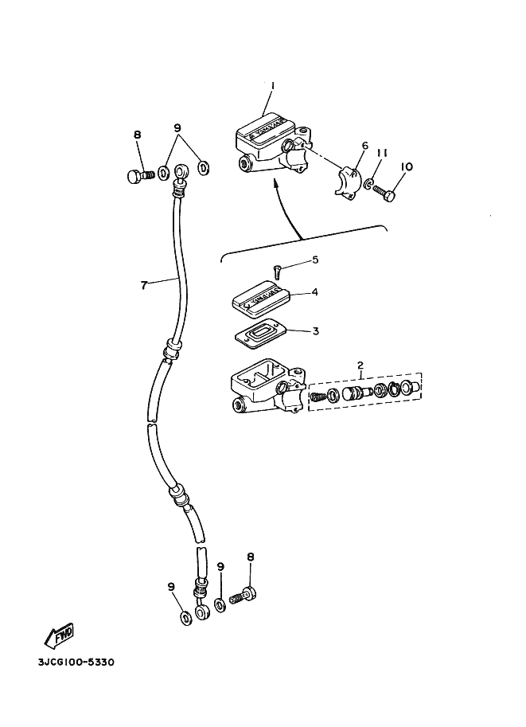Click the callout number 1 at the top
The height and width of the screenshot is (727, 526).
point(272,86)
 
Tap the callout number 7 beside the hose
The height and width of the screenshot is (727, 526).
point(144,285)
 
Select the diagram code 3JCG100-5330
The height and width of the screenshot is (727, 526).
point(76,662)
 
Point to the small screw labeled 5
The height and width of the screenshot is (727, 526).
point(277,272)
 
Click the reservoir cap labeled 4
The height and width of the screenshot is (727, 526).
point(261,300)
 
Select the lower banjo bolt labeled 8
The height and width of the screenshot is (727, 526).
point(244,594)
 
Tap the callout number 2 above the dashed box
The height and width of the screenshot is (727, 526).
point(360,365)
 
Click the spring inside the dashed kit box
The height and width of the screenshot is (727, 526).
point(318,397)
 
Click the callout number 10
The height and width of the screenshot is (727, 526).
point(406,166)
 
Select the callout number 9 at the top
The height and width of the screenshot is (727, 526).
point(177,128)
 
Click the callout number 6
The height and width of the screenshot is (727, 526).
point(364,146)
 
